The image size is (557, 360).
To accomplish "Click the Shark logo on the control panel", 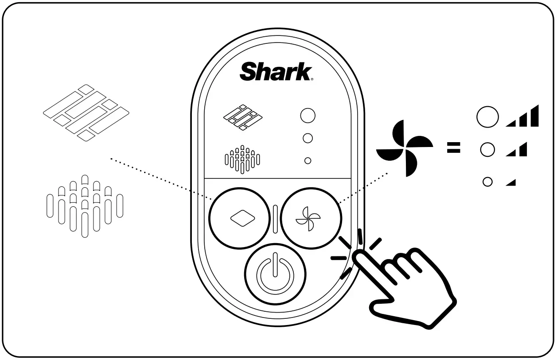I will pyautogui.click(x=276, y=72).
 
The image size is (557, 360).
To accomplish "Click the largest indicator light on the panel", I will pyautogui.click(x=308, y=116).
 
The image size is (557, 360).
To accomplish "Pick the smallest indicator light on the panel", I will pyautogui.click(x=308, y=161).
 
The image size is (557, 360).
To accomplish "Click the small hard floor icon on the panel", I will pyautogui.click(x=242, y=117).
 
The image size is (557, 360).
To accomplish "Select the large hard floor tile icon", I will pyautogui.click(x=86, y=113).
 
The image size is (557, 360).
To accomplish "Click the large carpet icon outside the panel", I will pyautogui.click(x=85, y=206).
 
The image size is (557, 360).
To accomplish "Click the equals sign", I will pyautogui.click(x=453, y=148).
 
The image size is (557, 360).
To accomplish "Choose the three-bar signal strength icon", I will pyautogui.click(x=522, y=117).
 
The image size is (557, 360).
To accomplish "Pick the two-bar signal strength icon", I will pyautogui.click(x=517, y=150).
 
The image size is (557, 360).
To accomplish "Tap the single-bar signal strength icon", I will pyautogui.click(x=511, y=182).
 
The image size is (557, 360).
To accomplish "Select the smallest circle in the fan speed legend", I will pyautogui.click(x=487, y=182).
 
